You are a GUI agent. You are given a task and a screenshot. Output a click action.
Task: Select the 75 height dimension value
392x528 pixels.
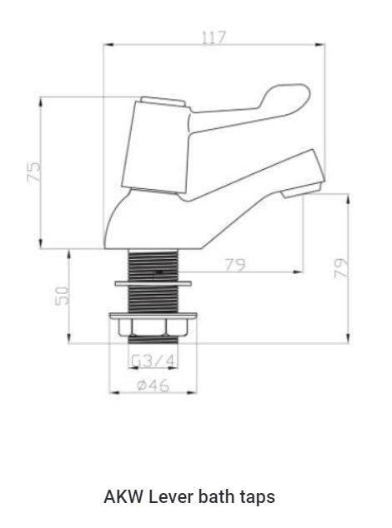click(x=33, y=172)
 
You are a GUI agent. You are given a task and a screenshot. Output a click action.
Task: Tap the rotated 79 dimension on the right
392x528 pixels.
click(x=341, y=267)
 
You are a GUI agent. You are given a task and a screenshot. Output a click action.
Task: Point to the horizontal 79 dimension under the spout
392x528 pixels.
click(x=235, y=265)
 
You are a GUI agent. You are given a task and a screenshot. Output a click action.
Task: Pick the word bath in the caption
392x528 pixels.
click(x=213, y=497)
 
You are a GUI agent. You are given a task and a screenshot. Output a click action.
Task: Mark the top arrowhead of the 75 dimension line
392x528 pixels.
click(x=42, y=100)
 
